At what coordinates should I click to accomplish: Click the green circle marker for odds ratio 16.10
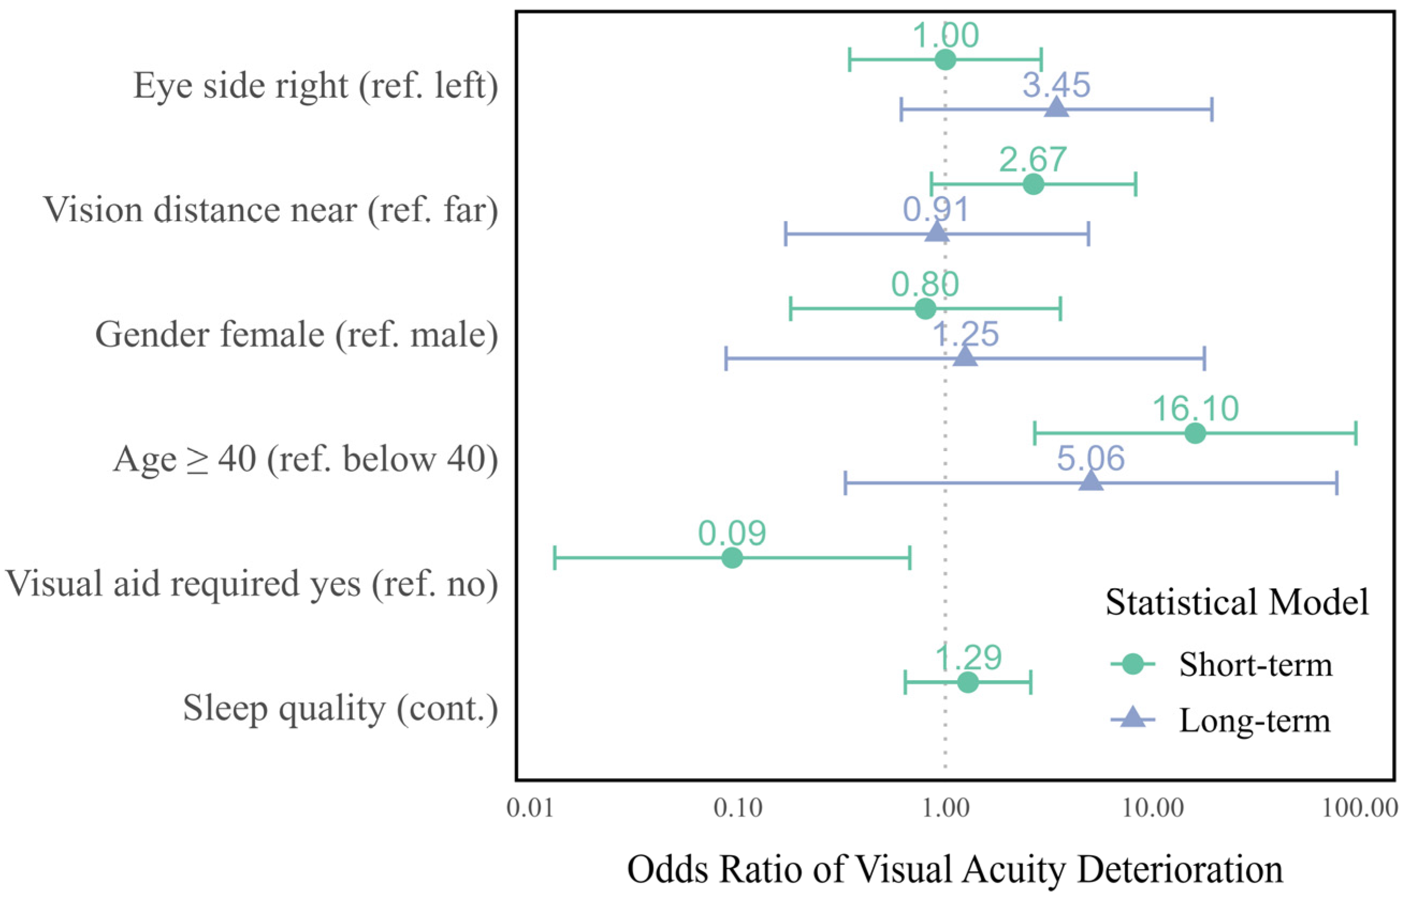point(1195,433)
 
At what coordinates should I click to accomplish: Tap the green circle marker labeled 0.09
point(732,558)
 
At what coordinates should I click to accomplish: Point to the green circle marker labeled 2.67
point(1033,184)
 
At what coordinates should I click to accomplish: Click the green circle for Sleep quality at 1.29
point(968,682)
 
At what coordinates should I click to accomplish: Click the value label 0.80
point(925,285)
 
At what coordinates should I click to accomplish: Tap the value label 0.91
point(936,209)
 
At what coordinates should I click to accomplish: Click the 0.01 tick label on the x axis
point(531,809)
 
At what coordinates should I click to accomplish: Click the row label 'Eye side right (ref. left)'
point(315,86)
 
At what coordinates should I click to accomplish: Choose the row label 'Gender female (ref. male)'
point(296,335)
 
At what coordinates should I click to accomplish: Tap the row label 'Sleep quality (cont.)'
point(341,708)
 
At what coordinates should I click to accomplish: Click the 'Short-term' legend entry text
point(1256,664)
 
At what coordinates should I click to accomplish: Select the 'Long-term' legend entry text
point(1255,720)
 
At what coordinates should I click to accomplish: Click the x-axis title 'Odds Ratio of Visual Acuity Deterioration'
point(955,869)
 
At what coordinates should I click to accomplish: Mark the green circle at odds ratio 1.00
point(945,60)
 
